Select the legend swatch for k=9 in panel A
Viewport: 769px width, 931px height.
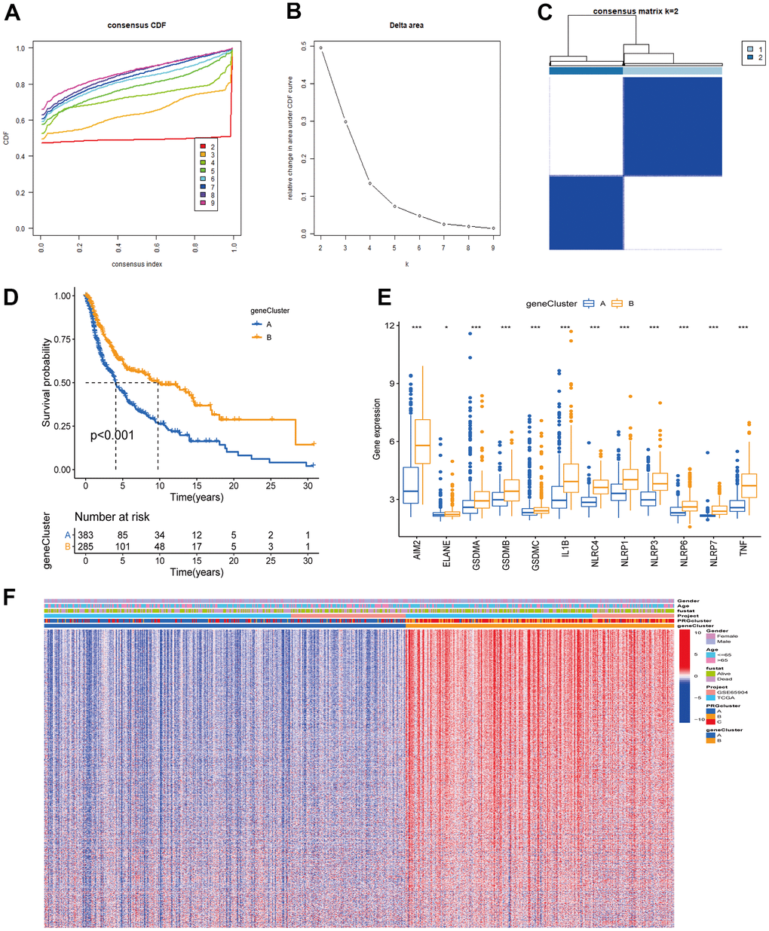[x=202, y=203]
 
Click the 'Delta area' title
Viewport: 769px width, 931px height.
[x=406, y=26]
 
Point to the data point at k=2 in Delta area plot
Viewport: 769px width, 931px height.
[x=320, y=48]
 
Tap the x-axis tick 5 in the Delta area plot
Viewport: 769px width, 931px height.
[x=394, y=247]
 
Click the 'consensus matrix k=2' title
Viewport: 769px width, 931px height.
[x=636, y=12]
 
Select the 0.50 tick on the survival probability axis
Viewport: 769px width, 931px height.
[x=63, y=383]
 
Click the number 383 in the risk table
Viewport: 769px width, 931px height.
[x=85, y=535]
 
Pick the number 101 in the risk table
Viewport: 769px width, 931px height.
[x=123, y=547]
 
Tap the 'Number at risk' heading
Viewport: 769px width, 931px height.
[x=112, y=517]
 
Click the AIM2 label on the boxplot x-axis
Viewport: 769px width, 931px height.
[x=417, y=549]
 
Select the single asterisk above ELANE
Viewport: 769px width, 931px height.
[x=446, y=328]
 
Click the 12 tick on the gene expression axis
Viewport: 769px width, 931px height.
[x=391, y=326]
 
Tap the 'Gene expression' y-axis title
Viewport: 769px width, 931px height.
[x=376, y=430]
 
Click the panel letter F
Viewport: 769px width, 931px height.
[x=10, y=597]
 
